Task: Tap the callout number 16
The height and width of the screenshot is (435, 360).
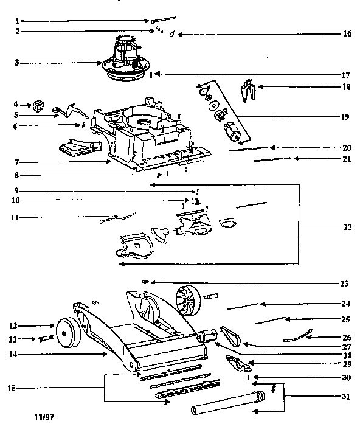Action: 347,34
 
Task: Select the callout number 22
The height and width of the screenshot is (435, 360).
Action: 347,228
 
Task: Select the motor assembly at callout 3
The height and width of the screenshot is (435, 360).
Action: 125,60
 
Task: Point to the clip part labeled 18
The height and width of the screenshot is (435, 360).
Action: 245,91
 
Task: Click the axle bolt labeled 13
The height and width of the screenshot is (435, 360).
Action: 47,338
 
